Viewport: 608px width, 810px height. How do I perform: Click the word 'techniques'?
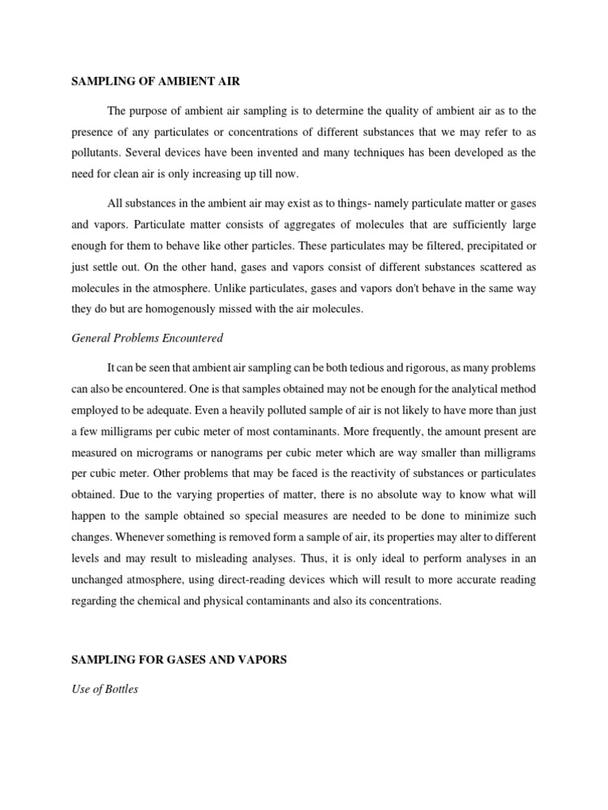(x=388, y=153)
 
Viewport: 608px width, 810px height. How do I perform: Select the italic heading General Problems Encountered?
(x=147, y=339)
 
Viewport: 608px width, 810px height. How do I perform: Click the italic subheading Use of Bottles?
(x=104, y=689)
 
